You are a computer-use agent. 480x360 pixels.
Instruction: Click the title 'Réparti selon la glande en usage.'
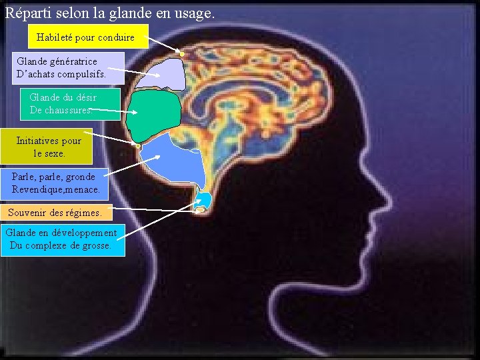[x=111, y=13]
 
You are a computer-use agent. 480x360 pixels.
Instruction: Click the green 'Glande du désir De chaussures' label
[x=70, y=104]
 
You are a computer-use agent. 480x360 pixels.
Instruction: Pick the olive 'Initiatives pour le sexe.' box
[x=47, y=147]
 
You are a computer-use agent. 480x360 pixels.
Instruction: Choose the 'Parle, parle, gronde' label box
[x=57, y=183]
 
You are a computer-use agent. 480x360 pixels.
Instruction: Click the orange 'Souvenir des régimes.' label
[x=56, y=213]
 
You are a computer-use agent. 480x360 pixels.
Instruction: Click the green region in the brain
[x=155, y=113]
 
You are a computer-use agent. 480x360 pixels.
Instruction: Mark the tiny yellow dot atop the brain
[x=181, y=53]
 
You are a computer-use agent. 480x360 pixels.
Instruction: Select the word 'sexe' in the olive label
[x=53, y=153]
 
